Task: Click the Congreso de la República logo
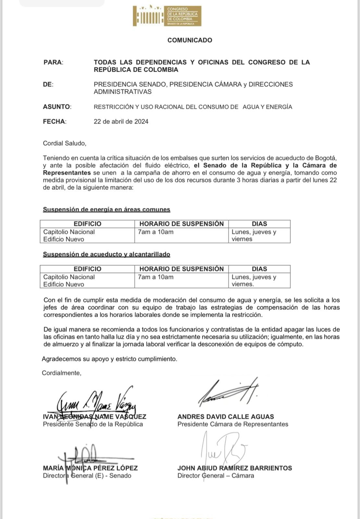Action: [167, 16]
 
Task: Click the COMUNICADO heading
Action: [190, 40]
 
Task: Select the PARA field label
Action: [53, 62]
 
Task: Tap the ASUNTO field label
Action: [57, 107]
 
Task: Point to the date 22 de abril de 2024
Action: [121, 122]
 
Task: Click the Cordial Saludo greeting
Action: [65, 143]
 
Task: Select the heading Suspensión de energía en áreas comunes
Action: [106, 210]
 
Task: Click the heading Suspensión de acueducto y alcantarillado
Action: [106, 254]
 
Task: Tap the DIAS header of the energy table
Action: [259, 224]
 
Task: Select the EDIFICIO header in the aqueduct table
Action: [87, 269]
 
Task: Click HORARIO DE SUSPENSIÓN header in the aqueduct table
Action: [181, 269]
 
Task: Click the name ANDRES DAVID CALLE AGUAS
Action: [226, 416]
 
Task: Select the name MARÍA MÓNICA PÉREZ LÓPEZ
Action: [90, 468]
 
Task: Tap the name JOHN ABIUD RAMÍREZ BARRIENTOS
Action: [234, 468]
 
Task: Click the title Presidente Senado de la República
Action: [93, 424]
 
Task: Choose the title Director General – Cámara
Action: [216, 476]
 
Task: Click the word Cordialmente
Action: [61, 373]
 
